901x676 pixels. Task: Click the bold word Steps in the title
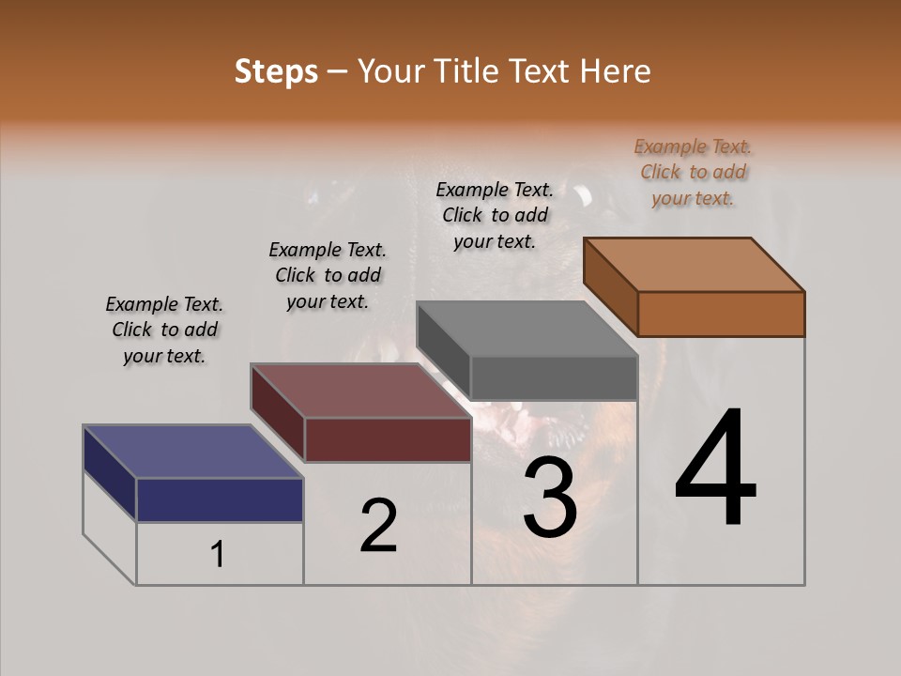coord(276,71)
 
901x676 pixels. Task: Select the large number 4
coord(716,469)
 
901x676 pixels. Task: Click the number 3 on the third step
coord(550,498)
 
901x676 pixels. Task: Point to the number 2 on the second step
coord(378,526)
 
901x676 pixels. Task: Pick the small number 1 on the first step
coord(218,555)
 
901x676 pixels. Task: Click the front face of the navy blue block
coord(220,499)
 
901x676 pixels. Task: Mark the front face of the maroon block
coord(388,439)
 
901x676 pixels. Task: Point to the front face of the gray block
coord(554,378)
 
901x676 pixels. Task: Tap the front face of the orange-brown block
coord(721,314)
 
